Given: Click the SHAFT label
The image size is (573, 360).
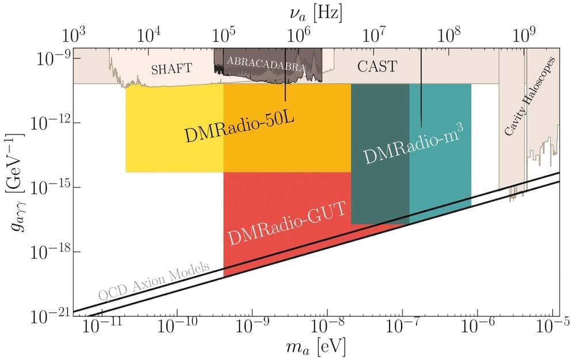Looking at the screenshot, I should (x=171, y=70).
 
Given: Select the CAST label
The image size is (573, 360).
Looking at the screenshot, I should (x=377, y=67).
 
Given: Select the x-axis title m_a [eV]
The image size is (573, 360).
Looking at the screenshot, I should (x=314, y=347).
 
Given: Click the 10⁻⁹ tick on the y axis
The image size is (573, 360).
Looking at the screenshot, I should (x=54, y=59).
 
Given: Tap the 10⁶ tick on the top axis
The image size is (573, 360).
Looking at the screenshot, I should (x=299, y=36).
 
